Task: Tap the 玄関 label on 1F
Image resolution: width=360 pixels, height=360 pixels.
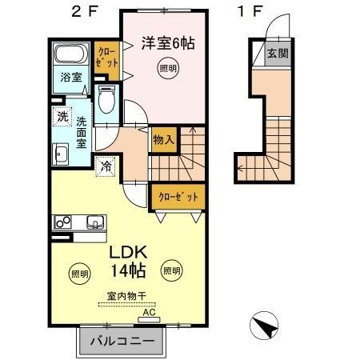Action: (278, 54)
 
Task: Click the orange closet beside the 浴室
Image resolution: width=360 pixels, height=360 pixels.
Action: (106, 60)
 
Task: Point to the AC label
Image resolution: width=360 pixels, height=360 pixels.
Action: (146, 314)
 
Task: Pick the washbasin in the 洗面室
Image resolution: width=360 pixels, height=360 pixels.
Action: (60, 154)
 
